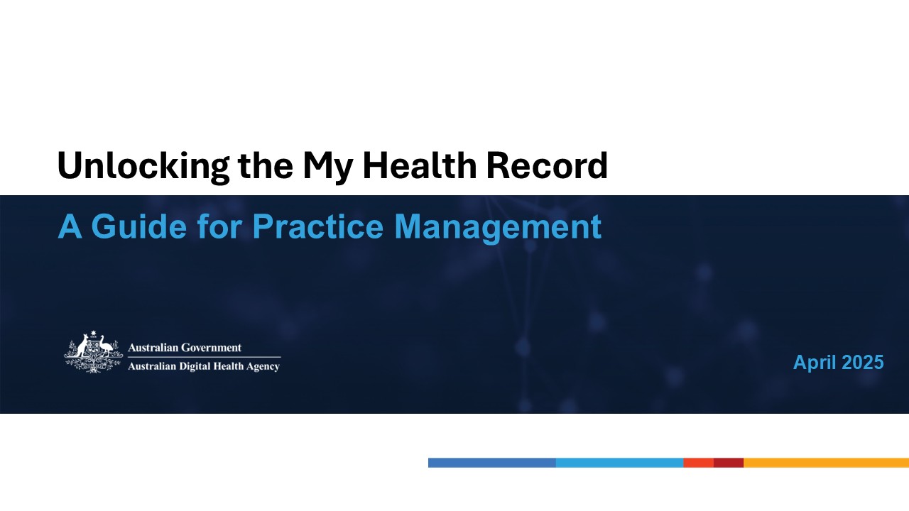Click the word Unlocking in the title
click(143, 166)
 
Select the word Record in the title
click(547, 165)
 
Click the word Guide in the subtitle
click(138, 226)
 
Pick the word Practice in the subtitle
click(317, 226)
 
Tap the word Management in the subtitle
click(498, 228)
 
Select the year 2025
click(863, 362)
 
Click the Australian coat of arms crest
click(94, 351)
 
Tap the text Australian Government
click(185, 348)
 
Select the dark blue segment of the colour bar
click(492, 463)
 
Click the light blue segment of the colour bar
click(620, 463)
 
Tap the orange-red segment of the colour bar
click(698, 463)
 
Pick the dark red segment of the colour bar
click(729, 463)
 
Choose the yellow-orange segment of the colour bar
click(826, 463)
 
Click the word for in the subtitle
click(219, 226)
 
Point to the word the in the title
click(266, 165)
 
